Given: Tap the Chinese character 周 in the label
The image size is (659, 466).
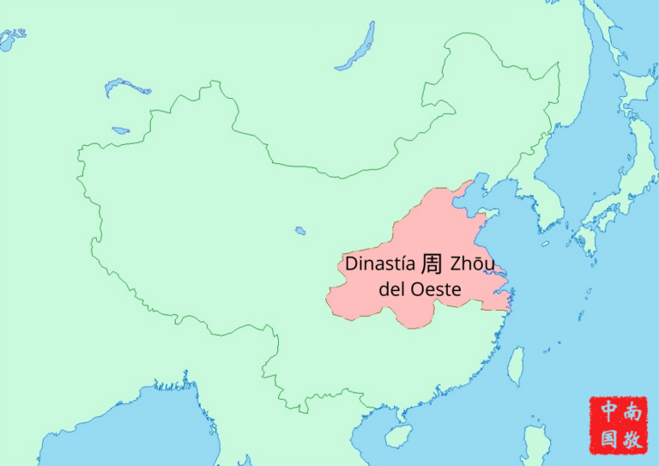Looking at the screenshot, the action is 432,262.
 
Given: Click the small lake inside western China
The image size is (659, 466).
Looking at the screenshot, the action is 300,230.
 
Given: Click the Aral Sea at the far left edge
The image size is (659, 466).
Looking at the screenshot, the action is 11,39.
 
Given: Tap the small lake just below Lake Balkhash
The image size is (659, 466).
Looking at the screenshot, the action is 121,130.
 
